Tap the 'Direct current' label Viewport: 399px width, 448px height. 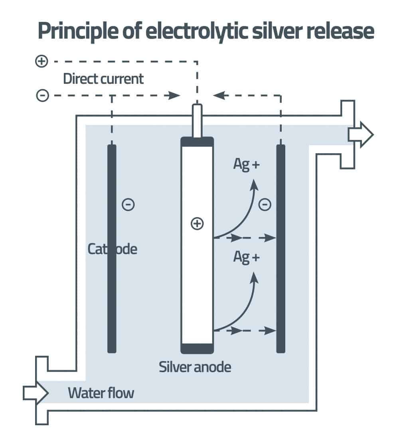pos(103,79)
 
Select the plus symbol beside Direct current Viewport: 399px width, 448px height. pos(41,62)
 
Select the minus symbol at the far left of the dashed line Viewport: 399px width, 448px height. pos(42,96)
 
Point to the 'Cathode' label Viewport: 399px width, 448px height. pos(112,249)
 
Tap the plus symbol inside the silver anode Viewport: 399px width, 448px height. pos(197,224)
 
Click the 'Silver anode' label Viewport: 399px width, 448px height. pos(195,367)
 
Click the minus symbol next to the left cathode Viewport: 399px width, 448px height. pos(128,205)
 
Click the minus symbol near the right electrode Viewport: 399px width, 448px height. pos(265,205)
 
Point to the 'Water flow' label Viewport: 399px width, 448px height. pos(101,393)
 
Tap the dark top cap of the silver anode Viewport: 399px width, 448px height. pos(197,142)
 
